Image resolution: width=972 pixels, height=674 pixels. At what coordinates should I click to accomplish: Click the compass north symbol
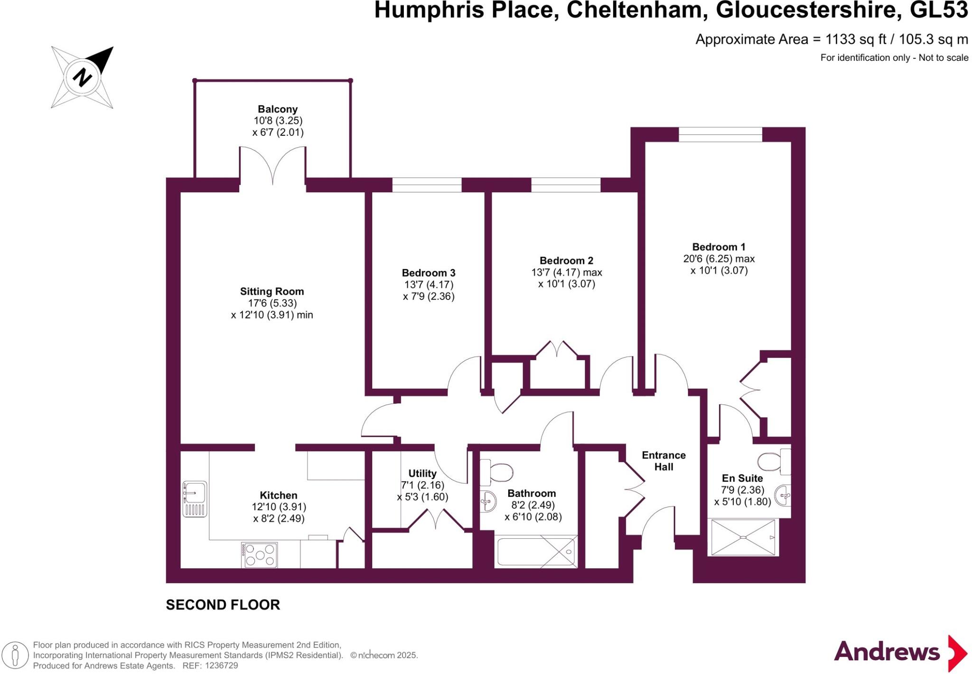point(82,77)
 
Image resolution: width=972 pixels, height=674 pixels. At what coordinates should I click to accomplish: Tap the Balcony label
point(278,109)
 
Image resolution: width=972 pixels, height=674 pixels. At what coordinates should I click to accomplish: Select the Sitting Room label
point(272,291)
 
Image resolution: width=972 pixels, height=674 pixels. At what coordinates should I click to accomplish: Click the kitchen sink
point(195,499)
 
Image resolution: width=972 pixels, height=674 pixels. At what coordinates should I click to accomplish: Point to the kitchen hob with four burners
point(259,555)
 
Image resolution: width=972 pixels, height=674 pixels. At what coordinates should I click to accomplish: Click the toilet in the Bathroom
point(496,472)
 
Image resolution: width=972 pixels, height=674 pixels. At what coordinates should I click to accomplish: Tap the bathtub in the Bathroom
point(536,551)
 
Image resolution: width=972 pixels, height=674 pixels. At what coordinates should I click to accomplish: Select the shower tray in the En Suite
point(743,537)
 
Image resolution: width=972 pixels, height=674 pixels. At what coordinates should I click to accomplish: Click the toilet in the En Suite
point(774,461)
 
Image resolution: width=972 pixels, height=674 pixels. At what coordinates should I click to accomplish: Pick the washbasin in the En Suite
point(783,496)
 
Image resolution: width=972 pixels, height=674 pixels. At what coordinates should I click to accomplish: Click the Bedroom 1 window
point(720,134)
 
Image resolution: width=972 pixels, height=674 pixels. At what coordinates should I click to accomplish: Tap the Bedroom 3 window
point(427,185)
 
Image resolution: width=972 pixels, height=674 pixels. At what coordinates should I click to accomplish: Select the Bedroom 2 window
point(566,185)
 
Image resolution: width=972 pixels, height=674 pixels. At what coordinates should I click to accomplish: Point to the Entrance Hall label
point(664,461)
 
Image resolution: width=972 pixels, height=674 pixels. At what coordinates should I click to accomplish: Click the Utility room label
point(422,473)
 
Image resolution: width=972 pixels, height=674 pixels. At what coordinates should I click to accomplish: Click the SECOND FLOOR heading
point(223,605)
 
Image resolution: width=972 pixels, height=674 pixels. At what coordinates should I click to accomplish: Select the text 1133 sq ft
point(856,39)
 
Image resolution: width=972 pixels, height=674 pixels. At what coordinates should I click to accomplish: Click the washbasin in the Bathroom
point(487,501)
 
